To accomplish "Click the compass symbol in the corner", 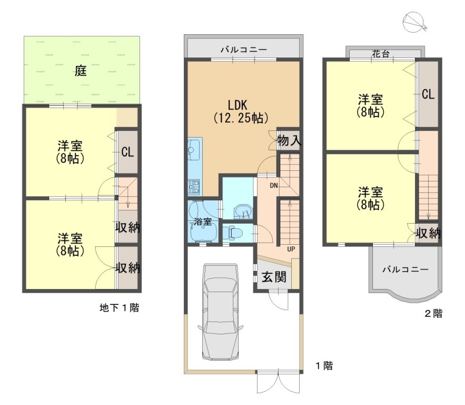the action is [x=414, y=22].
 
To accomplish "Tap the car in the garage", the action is [x=220, y=312].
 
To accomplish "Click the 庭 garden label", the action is [x=81, y=71].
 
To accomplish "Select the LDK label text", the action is [x=238, y=105].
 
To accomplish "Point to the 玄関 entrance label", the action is [x=274, y=277].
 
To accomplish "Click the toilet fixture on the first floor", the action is [x=232, y=233].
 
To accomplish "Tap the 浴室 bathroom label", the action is [x=203, y=221].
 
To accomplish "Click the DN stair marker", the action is [x=274, y=186].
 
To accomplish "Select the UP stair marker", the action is [x=291, y=249].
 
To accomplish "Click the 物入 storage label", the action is [x=289, y=140].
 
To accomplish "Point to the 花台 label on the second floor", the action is [x=381, y=54].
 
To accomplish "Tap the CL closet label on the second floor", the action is [x=428, y=94].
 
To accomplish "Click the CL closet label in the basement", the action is [x=127, y=152].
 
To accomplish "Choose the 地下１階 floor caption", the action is [x=119, y=307].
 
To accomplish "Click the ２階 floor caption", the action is [x=433, y=313].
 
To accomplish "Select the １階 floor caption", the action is [x=324, y=365].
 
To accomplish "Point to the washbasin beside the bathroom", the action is [x=243, y=211].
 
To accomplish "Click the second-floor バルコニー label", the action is [x=405, y=269].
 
